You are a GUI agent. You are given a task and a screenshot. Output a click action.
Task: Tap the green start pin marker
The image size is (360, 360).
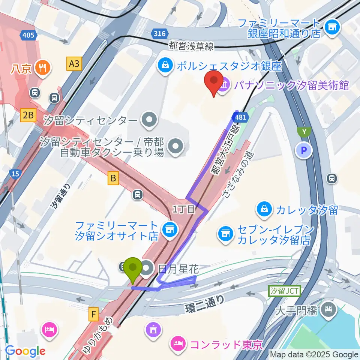tap(133, 269)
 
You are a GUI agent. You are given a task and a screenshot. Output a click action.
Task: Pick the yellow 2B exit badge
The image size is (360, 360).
tap(28, 116)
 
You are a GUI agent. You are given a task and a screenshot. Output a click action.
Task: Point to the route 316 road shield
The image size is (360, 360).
tap(160, 34)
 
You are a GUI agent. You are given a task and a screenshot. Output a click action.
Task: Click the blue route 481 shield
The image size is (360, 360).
tap(241, 117)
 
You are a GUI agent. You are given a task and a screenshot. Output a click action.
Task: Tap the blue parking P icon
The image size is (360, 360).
tap(304, 151)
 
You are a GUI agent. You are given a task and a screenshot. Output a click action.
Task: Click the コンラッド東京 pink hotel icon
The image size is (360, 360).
tap(177, 343)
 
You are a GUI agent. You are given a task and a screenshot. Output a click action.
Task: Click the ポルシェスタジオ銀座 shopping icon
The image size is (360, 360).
tap(165, 66)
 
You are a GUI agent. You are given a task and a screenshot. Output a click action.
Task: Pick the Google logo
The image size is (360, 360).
tap(25, 351)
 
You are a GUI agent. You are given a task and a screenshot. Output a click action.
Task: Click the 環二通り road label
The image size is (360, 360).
tap(205, 304)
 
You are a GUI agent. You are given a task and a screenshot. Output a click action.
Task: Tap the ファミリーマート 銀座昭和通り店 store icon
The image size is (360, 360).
tap(331, 27)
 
